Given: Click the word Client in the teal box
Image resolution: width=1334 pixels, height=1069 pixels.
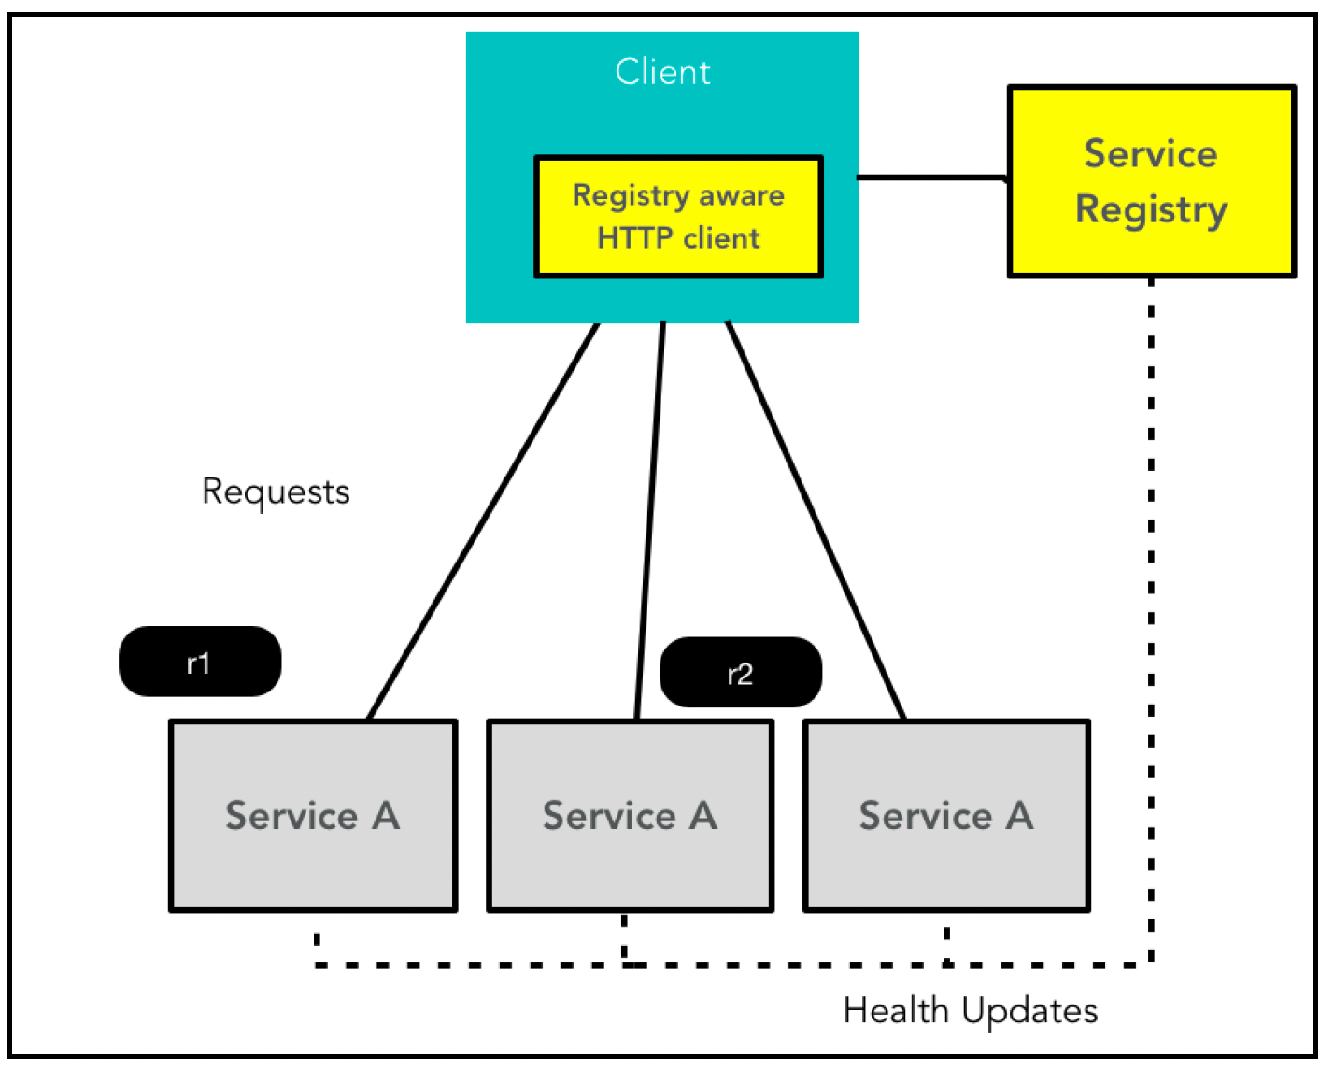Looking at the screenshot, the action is point(663,72).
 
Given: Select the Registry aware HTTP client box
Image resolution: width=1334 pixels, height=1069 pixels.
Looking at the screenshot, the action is point(679,217).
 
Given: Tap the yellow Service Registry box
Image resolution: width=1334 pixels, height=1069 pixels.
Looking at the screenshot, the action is point(1152,181).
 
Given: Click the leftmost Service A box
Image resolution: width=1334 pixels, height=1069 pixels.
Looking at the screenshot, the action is point(314,816).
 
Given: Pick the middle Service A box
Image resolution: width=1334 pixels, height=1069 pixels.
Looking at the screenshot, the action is point(632,816).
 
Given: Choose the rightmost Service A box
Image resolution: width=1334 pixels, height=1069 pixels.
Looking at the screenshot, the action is point(947,816).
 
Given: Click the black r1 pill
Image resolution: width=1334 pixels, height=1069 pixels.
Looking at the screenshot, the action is point(200,662).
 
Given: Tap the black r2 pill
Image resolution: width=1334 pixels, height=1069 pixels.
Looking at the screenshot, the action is point(742,672).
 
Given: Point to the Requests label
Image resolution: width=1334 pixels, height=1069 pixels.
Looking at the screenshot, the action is point(277,493).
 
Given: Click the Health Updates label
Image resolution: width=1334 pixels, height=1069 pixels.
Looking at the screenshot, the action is point(971,1011).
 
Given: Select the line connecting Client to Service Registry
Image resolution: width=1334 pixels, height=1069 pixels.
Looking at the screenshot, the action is point(932,178).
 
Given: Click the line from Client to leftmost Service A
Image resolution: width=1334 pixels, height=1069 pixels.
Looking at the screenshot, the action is point(484,520).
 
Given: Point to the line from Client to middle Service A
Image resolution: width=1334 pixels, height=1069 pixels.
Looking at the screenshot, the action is point(650,520).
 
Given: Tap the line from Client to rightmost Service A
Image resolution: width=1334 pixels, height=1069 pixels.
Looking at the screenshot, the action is point(816,520).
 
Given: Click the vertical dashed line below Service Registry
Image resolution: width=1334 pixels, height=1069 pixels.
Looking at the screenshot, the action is point(1151,620).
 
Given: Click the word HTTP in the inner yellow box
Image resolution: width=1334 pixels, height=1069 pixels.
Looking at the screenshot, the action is point(634,238).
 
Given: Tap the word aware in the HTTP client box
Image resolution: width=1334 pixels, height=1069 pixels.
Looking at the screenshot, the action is point(742,196).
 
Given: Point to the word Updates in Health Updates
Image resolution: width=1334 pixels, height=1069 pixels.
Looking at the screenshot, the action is point(1030,1012).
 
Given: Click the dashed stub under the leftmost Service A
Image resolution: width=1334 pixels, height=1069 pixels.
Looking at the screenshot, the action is point(318,939).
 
